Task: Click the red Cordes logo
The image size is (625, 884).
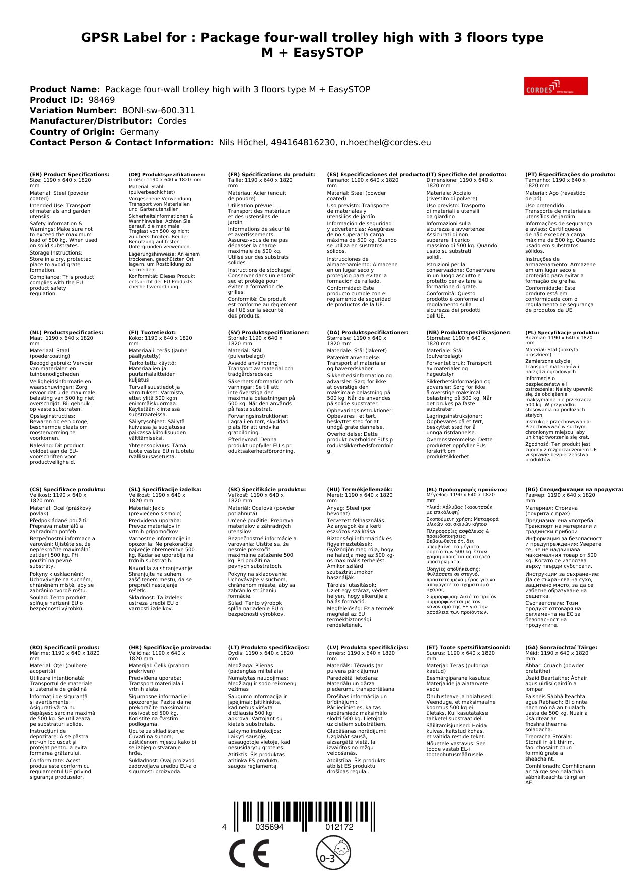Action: [555, 86]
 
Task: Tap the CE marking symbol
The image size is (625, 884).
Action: [249, 854]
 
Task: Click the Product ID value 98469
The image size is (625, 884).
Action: [101, 100]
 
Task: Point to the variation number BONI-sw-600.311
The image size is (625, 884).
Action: [159, 110]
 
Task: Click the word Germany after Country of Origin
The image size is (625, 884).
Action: [139, 132]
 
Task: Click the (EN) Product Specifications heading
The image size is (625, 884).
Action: [70, 175]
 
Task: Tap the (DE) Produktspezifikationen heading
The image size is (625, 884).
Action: [167, 175]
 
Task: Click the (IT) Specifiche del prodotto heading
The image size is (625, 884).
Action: [466, 175]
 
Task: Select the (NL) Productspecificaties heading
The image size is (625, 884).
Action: [66, 333]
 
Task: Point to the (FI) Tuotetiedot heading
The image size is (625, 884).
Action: [152, 333]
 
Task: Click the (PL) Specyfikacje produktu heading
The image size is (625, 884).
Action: [562, 333]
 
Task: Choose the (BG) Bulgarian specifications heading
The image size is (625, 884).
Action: [574, 490]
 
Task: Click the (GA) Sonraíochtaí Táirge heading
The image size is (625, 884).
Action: [561, 648]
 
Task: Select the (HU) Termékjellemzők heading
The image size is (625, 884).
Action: [359, 490]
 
